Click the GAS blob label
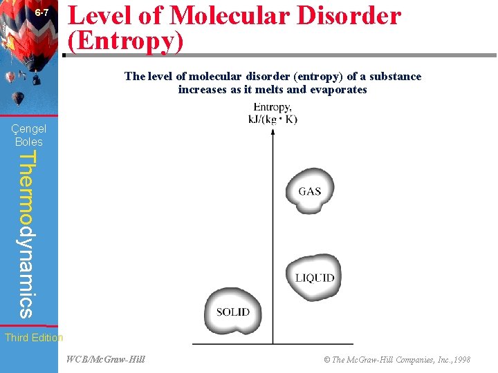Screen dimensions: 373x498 pos(310,191)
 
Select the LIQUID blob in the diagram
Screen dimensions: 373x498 pos(315,278)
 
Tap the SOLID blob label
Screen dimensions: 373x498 pos(233,312)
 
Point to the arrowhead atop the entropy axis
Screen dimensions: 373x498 pos(273,132)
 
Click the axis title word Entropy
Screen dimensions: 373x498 pos(273,107)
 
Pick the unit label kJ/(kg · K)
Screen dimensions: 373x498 pos(273,119)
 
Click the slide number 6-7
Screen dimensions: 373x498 pos(42,13)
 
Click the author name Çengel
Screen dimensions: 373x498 pos(29,128)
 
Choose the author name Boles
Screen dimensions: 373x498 pos(29,142)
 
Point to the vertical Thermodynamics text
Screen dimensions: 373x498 pos(26,235)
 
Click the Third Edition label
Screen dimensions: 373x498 pos(33,338)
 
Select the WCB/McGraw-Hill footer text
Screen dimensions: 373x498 pos(106,359)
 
